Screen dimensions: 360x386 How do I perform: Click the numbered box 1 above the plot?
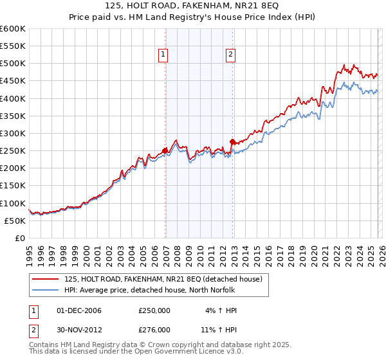click(164, 55)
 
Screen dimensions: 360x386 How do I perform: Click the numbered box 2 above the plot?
click(230, 55)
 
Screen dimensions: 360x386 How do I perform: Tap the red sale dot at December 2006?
click(165, 150)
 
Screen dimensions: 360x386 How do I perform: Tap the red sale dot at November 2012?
click(233, 141)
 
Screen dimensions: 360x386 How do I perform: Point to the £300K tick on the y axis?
click(13, 134)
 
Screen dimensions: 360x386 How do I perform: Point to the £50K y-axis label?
click(14, 221)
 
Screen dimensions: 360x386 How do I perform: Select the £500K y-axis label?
click(13, 64)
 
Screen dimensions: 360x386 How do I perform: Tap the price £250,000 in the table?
click(154, 310)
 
